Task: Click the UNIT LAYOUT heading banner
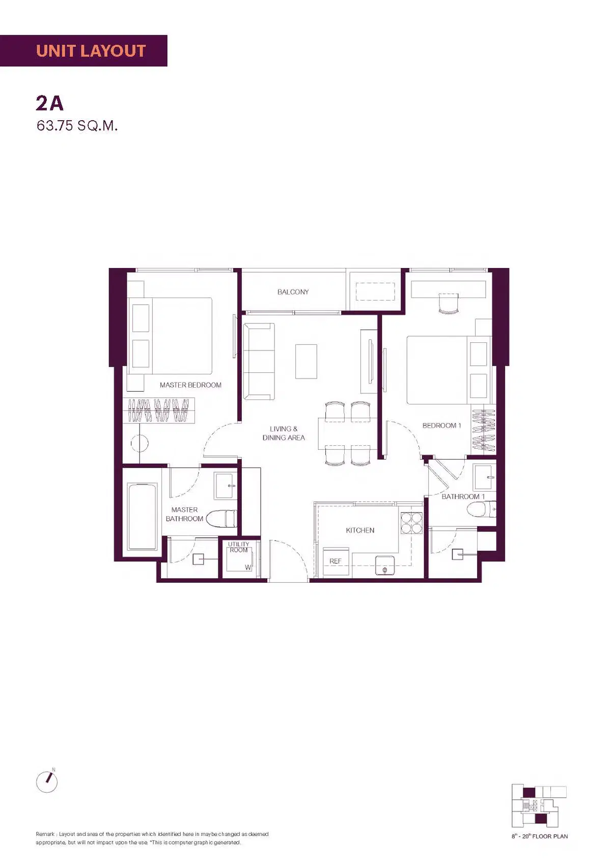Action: (x=84, y=50)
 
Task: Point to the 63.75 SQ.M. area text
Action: (x=77, y=126)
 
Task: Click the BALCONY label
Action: (x=293, y=292)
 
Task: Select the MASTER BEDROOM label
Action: (x=190, y=385)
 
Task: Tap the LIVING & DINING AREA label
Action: (x=284, y=433)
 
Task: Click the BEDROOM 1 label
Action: (x=442, y=425)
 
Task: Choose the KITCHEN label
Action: (x=360, y=530)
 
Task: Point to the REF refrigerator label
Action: (x=336, y=561)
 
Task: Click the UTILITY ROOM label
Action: (x=239, y=547)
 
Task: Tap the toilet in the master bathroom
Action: (x=221, y=519)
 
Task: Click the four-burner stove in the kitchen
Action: (x=411, y=523)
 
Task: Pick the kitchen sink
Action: (x=385, y=565)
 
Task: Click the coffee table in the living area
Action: (x=306, y=361)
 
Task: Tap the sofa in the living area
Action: (x=259, y=361)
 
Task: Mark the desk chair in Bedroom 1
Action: (x=449, y=303)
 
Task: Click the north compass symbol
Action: (x=47, y=782)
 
